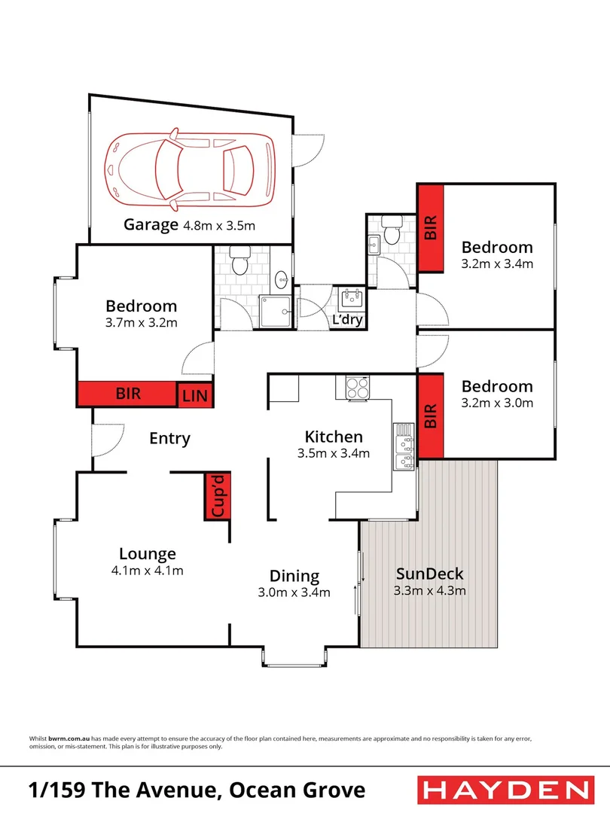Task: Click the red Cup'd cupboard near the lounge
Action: pos(216,496)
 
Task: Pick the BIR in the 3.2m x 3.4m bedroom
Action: pos(431,228)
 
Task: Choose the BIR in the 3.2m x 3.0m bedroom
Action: pos(431,416)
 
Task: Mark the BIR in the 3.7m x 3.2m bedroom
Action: pos(127,394)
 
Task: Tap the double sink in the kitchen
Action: pos(405,450)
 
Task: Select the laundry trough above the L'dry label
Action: pos(352,299)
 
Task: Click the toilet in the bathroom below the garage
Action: pos(239,264)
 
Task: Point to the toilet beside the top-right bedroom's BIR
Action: pos(392,231)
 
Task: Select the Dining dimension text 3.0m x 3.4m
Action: pos(294,592)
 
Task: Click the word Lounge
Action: pos(147,554)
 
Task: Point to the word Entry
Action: pos(169,438)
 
